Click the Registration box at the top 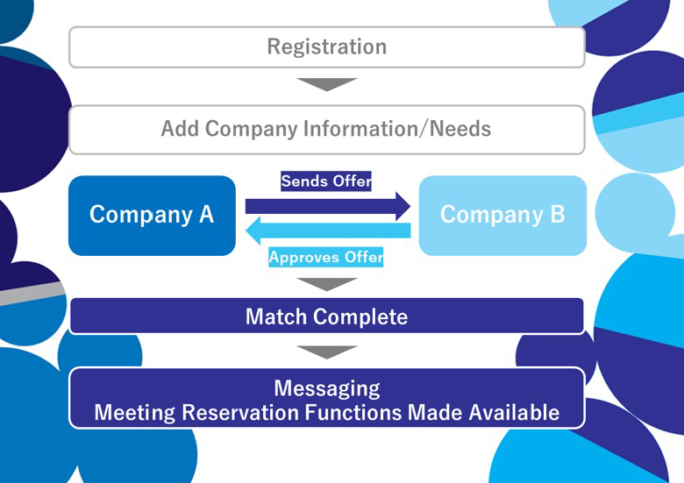click(326, 46)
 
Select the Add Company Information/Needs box click(326, 129)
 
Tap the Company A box click(152, 215)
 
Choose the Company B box click(502, 215)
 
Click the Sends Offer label click(326, 181)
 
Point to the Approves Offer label click(326, 258)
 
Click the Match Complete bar click(326, 316)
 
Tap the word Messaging click(326, 387)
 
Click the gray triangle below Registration click(326, 84)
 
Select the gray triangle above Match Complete click(326, 284)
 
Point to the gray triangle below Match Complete click(326, 352)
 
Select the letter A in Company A click(205, 215)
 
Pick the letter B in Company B click(557, 215)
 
